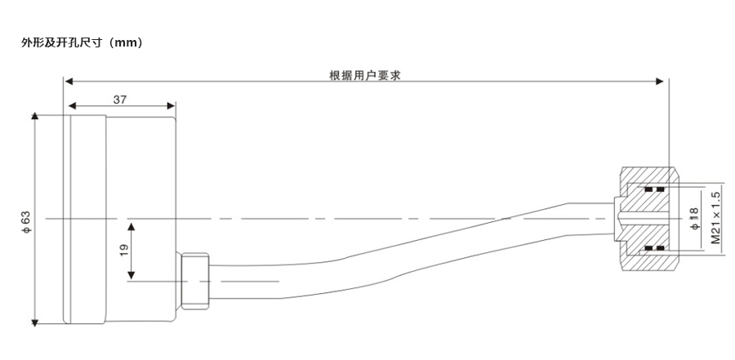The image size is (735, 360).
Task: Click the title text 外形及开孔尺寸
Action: click(x=61, y=43)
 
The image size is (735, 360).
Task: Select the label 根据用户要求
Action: click(x=365, y=75)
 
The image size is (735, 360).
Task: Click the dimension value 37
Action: click(x=120, y=99)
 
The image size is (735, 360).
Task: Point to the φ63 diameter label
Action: click(x=26, y=222)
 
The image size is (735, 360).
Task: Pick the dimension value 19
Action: click(x=124, y=250)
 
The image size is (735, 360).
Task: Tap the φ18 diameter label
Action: click(x=695, y=219)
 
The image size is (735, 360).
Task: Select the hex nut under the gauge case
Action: click(x=194, y=282)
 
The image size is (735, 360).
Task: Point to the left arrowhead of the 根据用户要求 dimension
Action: click(x=69, y=82)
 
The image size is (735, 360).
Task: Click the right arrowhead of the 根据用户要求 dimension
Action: click(x=660, y=82)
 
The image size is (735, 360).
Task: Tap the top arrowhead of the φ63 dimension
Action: click(x=33, y=116)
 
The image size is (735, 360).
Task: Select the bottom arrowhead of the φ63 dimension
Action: click(x=33, y=322)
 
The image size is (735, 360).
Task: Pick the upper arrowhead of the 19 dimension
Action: click(x=131, y=227)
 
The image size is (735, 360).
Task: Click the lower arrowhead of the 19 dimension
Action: click(x=131, y=276)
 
